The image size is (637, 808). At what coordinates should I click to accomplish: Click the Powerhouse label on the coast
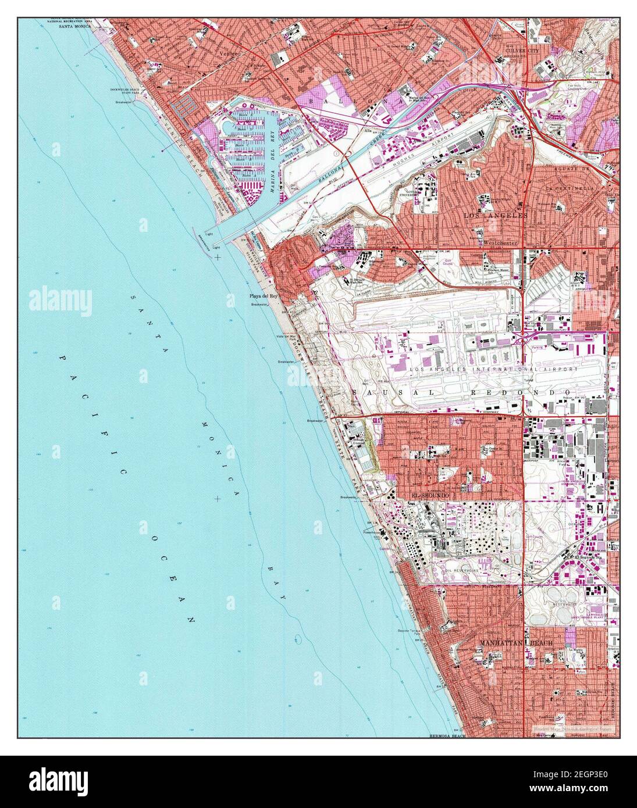point(371,532)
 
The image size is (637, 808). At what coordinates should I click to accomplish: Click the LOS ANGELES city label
point(495,216)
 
